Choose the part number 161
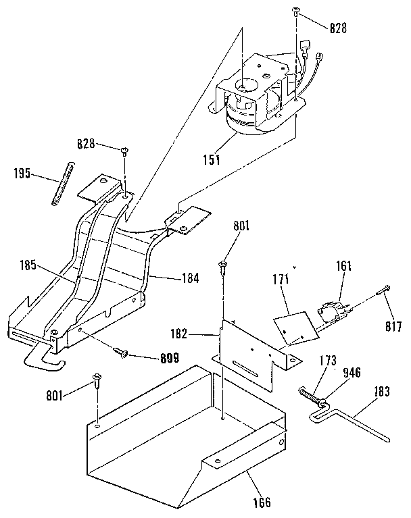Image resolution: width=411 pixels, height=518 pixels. [x=344, y=267]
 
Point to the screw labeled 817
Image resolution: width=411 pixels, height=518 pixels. [x=385, y=290]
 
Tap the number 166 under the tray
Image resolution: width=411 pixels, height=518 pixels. [x=262, y=502]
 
